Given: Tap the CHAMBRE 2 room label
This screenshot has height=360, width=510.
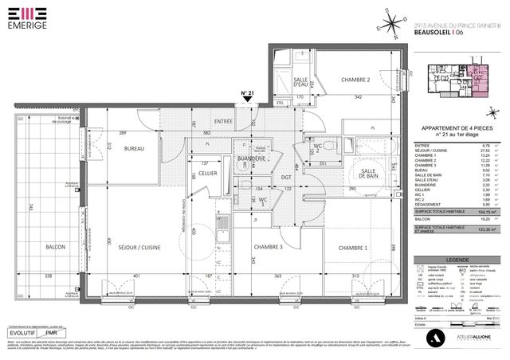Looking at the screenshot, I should coord(356,80).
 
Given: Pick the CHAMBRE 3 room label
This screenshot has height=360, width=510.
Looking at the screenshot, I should coord(269,248).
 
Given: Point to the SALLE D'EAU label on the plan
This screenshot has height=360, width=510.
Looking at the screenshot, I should coord(301,84).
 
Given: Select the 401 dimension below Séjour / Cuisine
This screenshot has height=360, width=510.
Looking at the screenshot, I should coord(137,276).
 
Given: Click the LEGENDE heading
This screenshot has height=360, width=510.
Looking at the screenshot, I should coord(458,259).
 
